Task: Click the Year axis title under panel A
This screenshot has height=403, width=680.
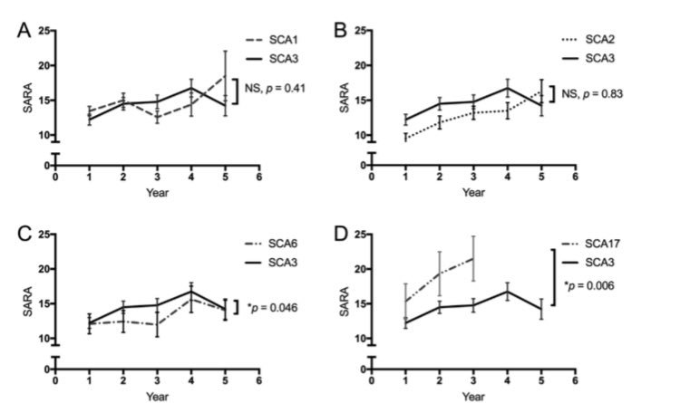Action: (x=157, y=193)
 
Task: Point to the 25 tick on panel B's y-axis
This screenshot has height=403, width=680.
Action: (x=359, y=31)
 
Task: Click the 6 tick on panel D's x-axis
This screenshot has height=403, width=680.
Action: (x=574, y=381)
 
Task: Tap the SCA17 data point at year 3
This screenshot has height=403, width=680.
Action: (x=472, y=258)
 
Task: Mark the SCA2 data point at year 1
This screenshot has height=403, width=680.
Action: (x=407, y=138)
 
